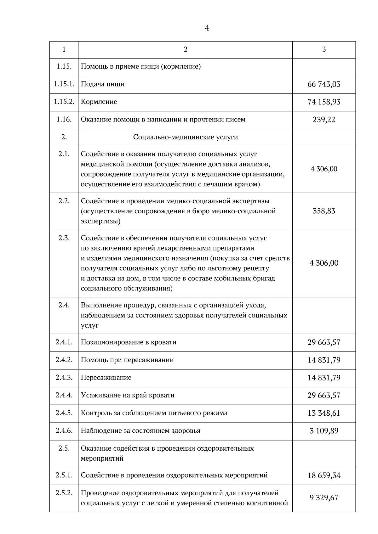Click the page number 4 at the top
(x=207, y=28)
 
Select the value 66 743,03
(x=324, y=84)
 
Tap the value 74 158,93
(x=324, y=102)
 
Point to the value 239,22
(x=324, y=120)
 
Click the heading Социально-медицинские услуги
(x=185, y=137)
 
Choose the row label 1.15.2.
(x=64, y=102)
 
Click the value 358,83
(x=324, y=211)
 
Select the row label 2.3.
(x=64, y=238)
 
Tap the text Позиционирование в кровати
(x=129, y=342)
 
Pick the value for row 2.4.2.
(x=324, y=360)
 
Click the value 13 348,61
(x=324, y=413)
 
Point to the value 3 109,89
(x=324, y=430)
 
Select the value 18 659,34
(x=324, y=475)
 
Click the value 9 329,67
(x=324, y=498)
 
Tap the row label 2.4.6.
(x=64, y=430)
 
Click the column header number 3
(x=324, y=49)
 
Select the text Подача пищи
(x=103, y=84)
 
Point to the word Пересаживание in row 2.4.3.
(x=106, y=378)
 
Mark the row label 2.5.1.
(x=64, y=475)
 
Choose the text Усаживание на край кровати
(x=128, y=395)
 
